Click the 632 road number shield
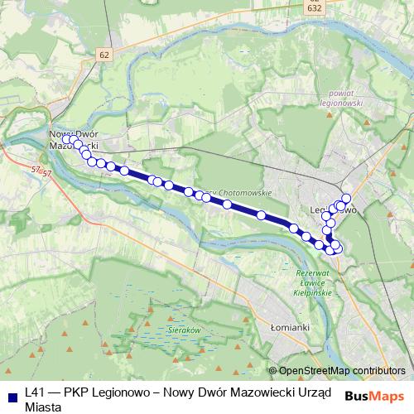(314, 7)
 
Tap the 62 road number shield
(103, 55)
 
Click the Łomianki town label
(290, 327)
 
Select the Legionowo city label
(331, 210)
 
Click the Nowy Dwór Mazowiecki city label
(75, 139)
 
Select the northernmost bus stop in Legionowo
(346, 197)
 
